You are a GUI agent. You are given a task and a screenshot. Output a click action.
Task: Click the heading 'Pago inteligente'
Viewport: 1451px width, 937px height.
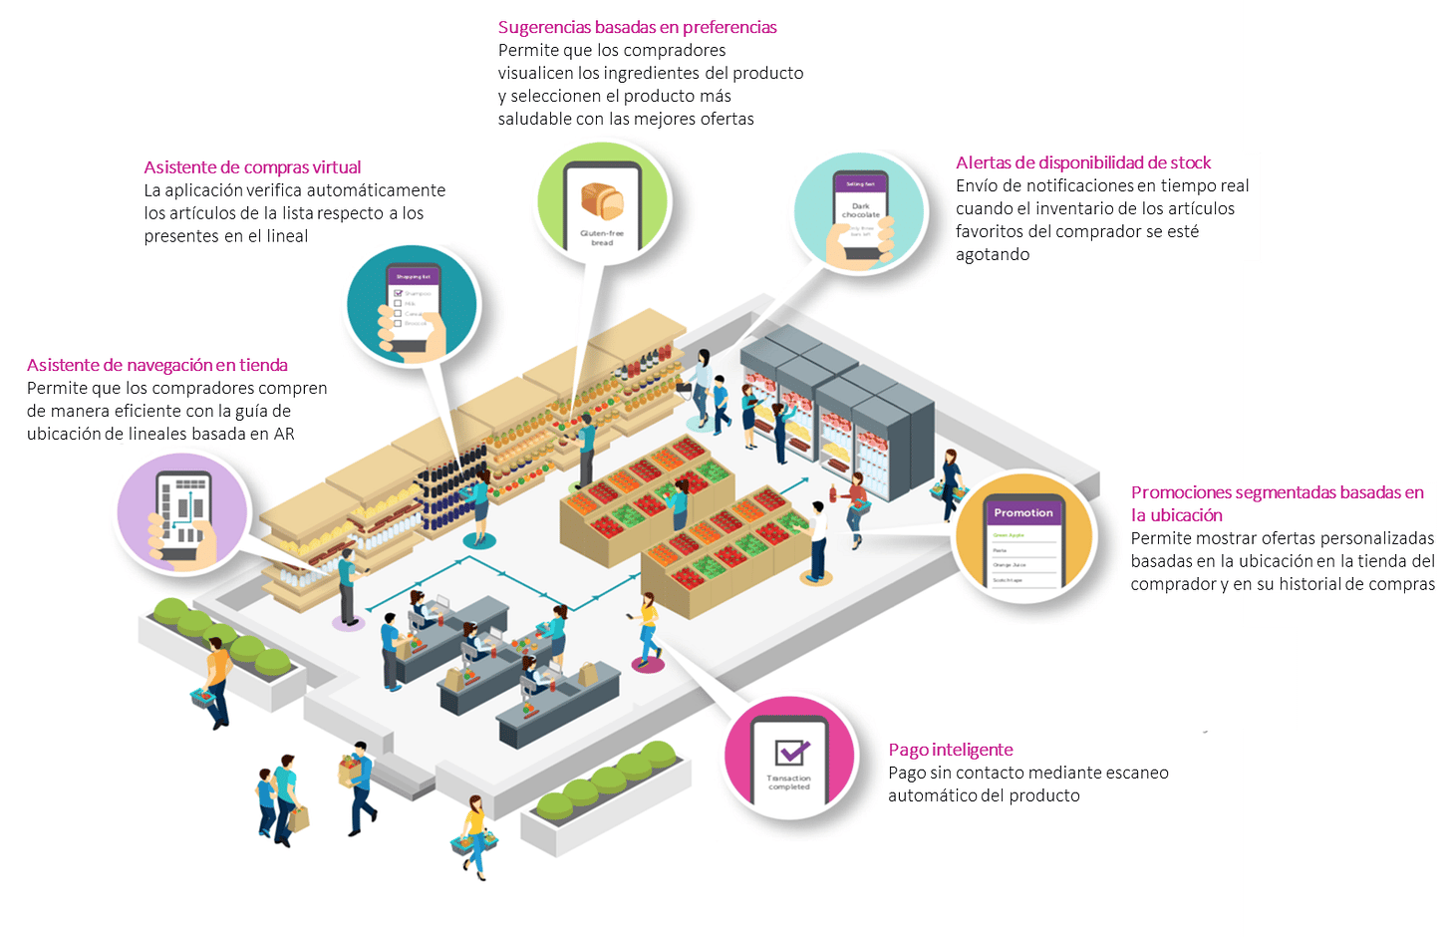click(x=950, y=750)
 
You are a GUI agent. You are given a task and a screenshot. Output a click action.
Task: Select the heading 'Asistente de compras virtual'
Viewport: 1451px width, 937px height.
click(x=252, y=167)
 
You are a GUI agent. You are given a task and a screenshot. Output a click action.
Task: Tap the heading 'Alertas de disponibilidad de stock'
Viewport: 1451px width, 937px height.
click(x=1083, y=162)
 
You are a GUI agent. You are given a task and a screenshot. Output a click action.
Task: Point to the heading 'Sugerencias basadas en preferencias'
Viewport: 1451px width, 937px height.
click(x=637, y=27)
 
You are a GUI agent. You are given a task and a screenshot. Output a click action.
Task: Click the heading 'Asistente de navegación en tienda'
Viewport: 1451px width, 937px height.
click(x=156, y=365)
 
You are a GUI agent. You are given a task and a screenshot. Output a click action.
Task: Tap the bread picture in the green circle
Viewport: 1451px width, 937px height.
click(x=602, y=202)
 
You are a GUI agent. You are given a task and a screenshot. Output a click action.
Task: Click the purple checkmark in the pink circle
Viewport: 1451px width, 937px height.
click(x=791, y=752)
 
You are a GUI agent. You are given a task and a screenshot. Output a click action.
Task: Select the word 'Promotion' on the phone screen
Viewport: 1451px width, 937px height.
click(x=1022, y=512)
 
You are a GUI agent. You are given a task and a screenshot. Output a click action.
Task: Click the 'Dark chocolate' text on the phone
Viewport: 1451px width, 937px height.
click(x=861, y=210)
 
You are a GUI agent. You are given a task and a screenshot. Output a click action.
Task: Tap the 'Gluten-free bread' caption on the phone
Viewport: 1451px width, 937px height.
click(x=602, y=237)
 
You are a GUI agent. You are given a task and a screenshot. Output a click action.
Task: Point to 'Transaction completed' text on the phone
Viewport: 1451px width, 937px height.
click(x=789, y=782)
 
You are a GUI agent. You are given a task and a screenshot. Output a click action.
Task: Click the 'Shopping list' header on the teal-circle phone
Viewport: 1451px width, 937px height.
click(x=413, y=276)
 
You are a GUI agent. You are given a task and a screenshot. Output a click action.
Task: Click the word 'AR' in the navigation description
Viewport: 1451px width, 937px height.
click(x=284, y=434)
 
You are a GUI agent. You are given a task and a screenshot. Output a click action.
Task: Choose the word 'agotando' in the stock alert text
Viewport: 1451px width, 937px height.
click(x=993, y=254)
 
